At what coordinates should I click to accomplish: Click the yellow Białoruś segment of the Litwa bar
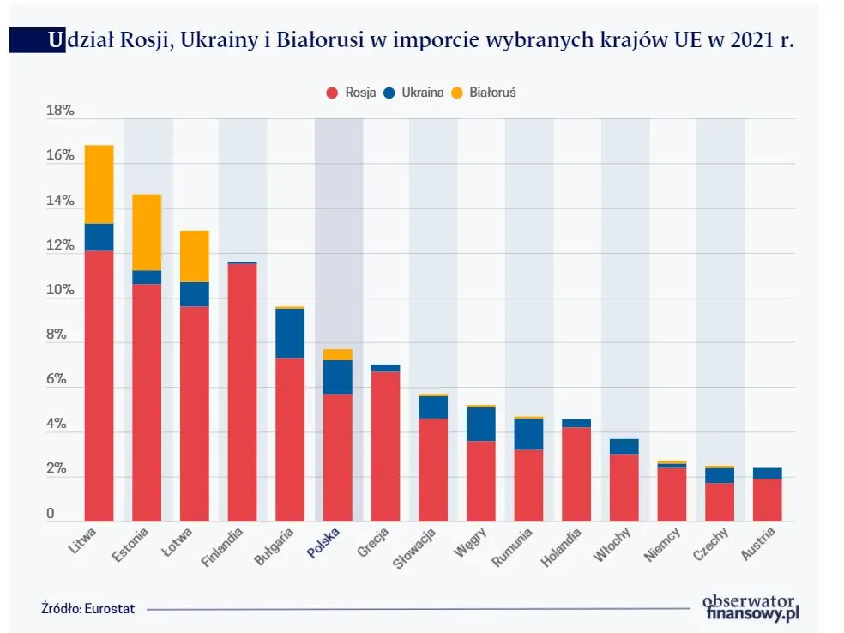point(99,184)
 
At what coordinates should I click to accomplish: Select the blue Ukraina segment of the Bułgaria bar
point(290,333)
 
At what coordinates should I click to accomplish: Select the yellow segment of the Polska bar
point(338,354)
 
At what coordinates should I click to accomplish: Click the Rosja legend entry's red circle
point(331,93)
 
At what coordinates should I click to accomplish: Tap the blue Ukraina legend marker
point(389,93)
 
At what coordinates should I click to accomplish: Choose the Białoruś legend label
point(492,93)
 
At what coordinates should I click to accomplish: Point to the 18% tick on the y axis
point(60,112)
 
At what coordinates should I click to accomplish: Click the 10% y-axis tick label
point(60,291)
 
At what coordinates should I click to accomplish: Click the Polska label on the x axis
point(323,544)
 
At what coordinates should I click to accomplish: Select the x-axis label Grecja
point(373,544)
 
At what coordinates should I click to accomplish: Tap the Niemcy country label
point(662,544)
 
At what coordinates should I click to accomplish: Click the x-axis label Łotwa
point(179,542)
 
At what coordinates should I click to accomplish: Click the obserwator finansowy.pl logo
point(750,606)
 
